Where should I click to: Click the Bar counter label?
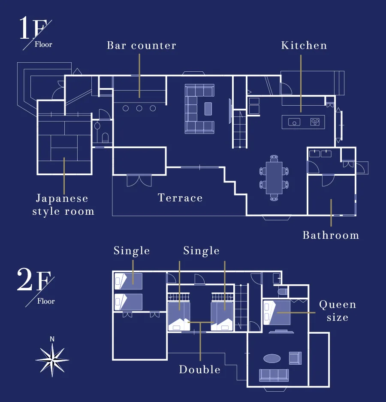[x=142, y=46]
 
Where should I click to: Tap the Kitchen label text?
[x=304, y=46]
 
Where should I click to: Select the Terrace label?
[x=180, y=198]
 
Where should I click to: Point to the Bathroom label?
[x=331, y=235]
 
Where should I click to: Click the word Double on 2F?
[x=200, y=369]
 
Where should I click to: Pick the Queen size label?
[x=338, y=311]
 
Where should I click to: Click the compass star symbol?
[x=52, y=360]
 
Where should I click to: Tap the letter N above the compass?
[x=52, y=339]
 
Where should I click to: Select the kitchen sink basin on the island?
[x=294, y=122]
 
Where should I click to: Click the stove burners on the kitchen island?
[x=315, y=122]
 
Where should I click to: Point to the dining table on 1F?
[x=274, y=178]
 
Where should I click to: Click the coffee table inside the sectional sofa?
[x=208, y=109]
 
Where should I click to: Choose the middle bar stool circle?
[x=139, y=109]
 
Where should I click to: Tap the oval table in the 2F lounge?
[x=272, y=359]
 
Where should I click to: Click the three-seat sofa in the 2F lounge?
[x=274, y=375]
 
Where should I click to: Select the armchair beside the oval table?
[x=295, y=358]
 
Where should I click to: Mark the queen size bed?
[x=277, y=313]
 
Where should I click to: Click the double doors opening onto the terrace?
[x=139, y=180]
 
